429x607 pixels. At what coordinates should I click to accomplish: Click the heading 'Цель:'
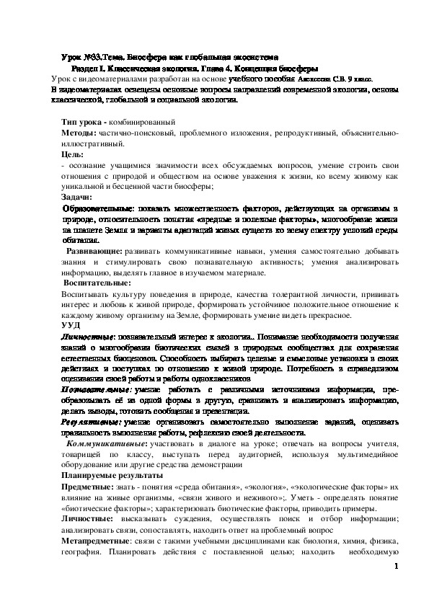pyautogui.click(x=72, y=154)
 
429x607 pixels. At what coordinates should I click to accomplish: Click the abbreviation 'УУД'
pyautogui.click(x=71, y=327)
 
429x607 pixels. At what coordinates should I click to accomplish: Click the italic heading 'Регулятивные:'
pyautogui.click(x=90, y=422)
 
